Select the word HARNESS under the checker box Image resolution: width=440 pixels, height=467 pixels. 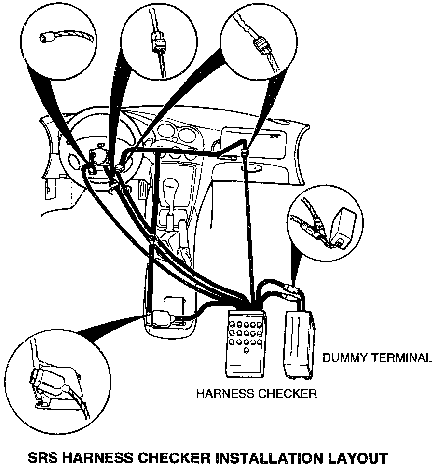[x=223, y=394]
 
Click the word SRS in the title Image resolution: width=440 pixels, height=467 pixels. [x=43, y=456]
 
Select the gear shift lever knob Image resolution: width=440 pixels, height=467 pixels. [x=172, y=186]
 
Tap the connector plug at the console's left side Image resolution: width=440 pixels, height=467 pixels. [x=159, y=317]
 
